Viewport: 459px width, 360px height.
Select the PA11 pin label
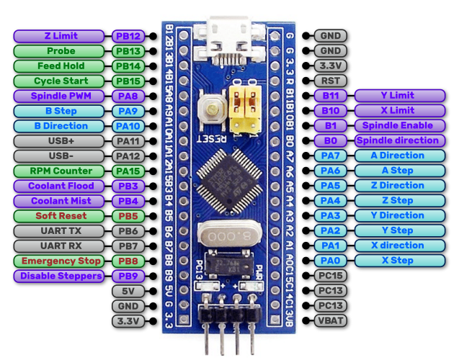tap(128, 141)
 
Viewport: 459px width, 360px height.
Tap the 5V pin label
tap(128, 291)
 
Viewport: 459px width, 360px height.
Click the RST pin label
tap(330, 81)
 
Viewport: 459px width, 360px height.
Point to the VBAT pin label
tap(330, 320)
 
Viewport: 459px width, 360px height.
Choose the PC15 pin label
tap(330, 276)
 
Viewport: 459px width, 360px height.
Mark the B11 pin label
tap(330, 96)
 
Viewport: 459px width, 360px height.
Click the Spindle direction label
tap(400, 141)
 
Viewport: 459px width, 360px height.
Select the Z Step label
tap(400, 201)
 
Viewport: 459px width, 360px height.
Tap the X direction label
tap(400, 246)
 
